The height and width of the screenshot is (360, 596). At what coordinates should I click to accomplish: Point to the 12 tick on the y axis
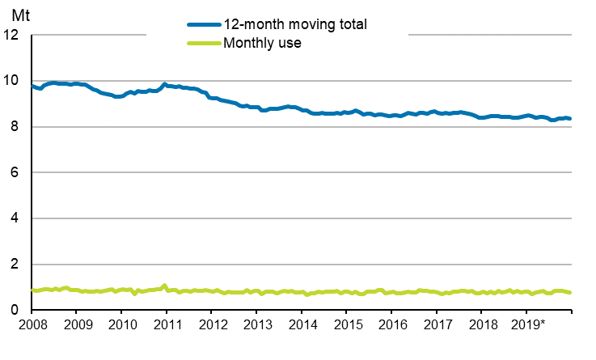[x=12, y=36]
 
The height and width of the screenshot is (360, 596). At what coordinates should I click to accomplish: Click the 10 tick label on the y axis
[x=12, y=81]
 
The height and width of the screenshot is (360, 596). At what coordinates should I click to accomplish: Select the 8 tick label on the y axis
[x=16, y=127]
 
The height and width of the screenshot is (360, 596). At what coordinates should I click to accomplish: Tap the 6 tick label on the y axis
[x=16, y=173]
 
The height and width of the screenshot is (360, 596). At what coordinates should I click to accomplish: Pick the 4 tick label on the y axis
[x=16, y=219]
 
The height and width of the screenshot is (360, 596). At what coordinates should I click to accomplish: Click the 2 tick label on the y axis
[x=16, y=265]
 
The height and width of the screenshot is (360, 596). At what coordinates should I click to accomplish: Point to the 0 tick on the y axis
[x=16, y=311]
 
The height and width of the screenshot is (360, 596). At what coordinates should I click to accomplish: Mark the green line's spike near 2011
[x=165, y=286]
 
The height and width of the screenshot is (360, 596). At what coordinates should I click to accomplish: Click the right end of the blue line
[x=570, y=119]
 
